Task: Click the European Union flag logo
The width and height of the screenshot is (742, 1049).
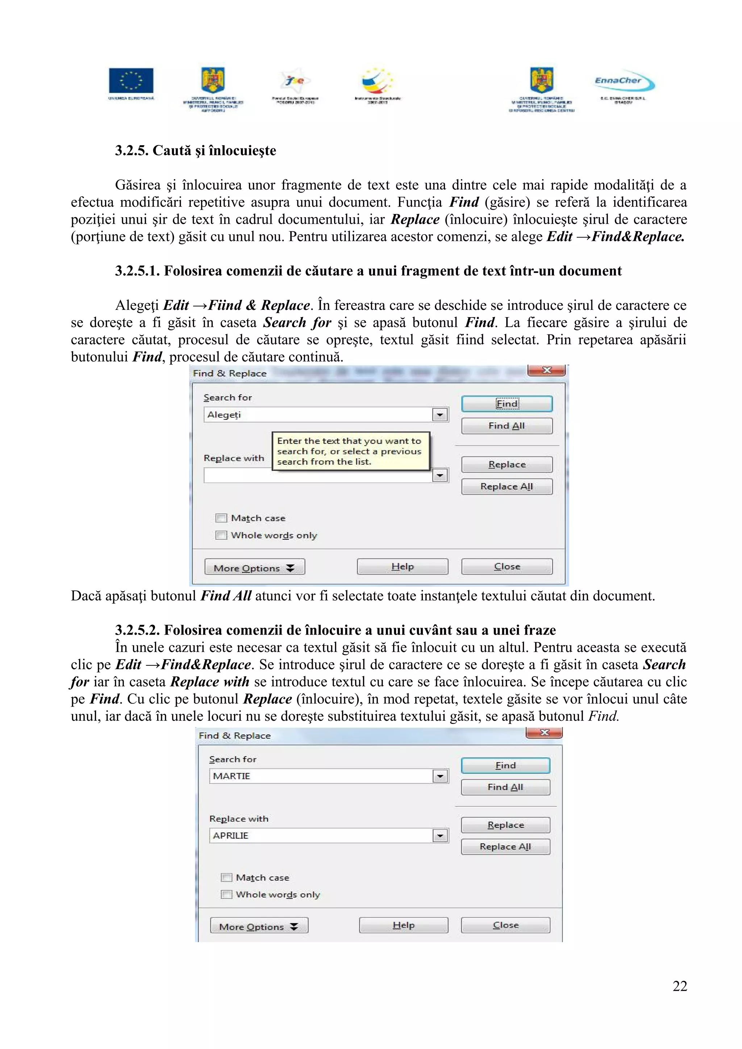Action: tap(131, 81)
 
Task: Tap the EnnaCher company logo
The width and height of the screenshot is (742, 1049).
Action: tap(624, 82)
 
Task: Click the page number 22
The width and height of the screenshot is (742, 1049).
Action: tap(679, 986)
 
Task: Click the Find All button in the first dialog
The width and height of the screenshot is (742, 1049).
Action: tap(507, 426)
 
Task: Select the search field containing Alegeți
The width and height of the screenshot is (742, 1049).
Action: tap(318, 415)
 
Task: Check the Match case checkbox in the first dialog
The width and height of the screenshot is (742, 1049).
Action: tap(221, 518)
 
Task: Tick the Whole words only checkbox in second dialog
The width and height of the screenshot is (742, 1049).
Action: tap(226, 894)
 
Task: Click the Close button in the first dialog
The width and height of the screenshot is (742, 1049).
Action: tap(507, 566)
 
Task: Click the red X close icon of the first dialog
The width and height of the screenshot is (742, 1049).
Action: tap(546, 370)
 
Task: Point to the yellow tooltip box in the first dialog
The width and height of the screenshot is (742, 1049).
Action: tap(350, 451)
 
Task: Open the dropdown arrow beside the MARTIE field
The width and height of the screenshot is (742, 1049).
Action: tap(440, 776)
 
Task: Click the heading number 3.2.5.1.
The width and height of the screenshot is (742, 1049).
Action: tap(137, 271)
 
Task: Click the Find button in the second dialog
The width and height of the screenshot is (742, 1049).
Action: tap(505, 765)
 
